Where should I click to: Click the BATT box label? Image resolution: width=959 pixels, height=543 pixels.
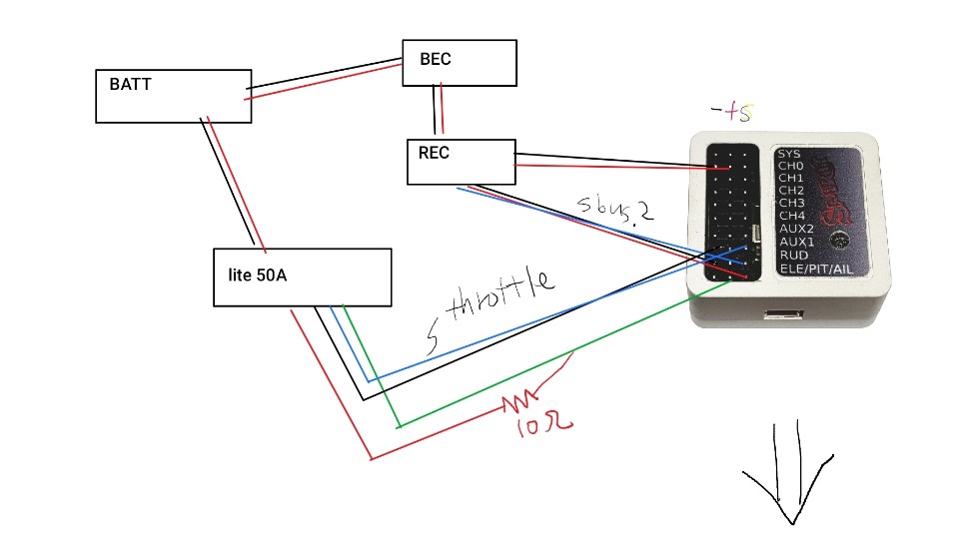pos(131,85)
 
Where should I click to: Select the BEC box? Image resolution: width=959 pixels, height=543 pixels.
pos(459,62)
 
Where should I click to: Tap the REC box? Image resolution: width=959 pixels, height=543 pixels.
pos(461,162)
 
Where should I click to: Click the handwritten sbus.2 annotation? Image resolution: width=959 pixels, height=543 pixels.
pos(615,208)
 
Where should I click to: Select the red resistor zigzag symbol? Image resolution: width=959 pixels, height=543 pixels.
pos(518,403)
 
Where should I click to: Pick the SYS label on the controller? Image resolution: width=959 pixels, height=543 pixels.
pos(789,154)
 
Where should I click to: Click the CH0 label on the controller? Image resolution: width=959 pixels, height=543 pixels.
pos(791,166)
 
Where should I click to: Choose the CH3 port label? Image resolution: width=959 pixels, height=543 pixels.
pos(791,203)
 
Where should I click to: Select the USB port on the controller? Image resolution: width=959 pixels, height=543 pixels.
pos(783,317)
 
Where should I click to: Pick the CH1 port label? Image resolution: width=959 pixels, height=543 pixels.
pos(791,178)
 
